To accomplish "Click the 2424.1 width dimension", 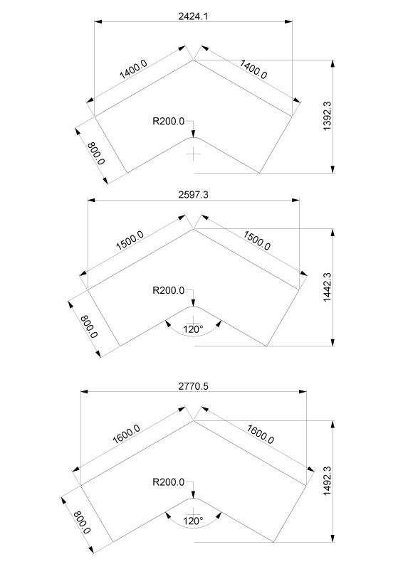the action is (193, 16).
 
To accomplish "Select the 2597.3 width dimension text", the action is (193, 195).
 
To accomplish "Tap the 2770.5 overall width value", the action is (193, 386).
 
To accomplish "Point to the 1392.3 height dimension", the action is (327, 116).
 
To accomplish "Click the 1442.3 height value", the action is (327, 287).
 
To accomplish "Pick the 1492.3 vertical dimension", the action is (327, 481).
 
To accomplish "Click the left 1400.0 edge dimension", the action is (133, 69).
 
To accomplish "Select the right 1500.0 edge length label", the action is (256, 241).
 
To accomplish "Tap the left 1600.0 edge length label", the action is (126, 435).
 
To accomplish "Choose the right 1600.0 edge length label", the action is (260, 435).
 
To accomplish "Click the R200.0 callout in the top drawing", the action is (168, 121).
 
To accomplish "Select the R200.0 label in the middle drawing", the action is (168, 290).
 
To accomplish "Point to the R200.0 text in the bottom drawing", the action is (168, 482).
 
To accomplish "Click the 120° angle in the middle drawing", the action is (193, 329).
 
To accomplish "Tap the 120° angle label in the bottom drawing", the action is (193, 521).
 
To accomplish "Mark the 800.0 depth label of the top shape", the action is (96, 154).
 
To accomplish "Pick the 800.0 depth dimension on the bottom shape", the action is (82, 523).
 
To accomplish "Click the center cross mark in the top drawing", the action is (194, 154).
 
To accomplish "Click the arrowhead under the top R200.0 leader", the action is (194, 133).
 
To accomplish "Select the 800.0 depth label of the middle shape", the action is (89, 326).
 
